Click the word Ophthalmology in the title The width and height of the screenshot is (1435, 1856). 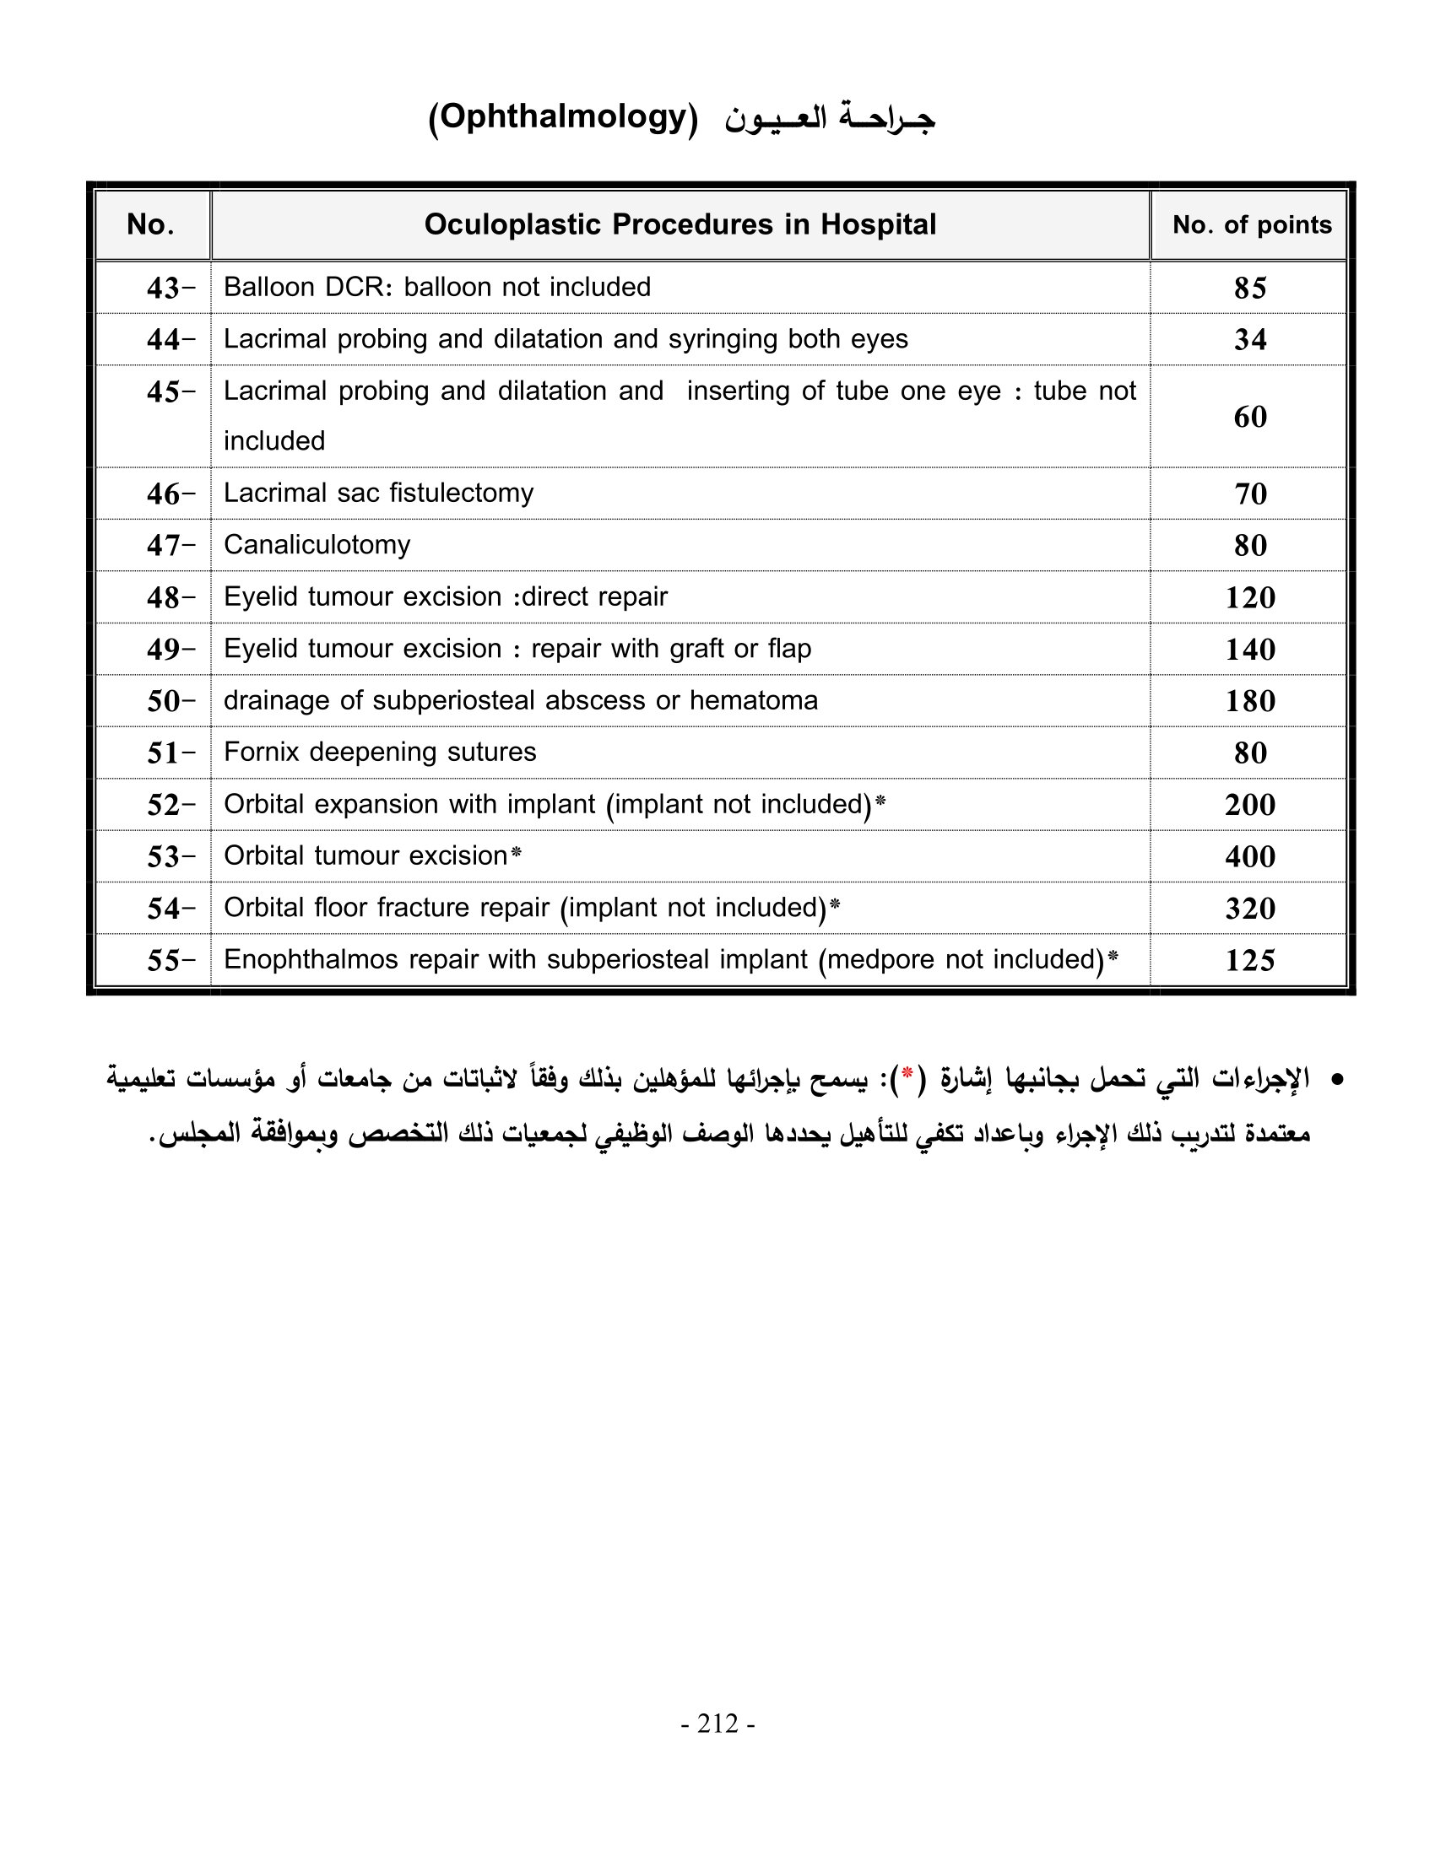563,116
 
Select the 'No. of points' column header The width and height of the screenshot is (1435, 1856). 1251,224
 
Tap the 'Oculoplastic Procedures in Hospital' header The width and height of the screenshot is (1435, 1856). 680,224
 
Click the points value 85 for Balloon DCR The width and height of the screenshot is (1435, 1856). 1250,288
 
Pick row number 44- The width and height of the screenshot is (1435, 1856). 170,340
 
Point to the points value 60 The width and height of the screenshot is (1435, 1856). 1250,417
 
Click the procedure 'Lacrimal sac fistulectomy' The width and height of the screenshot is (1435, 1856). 378,493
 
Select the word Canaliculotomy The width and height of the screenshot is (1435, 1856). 317,545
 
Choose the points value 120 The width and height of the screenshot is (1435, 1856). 1250,597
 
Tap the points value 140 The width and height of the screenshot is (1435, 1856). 1250,650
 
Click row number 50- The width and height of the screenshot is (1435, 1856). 170,701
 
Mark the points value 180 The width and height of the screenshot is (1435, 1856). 1250,701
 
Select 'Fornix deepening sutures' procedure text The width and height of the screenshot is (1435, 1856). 380,752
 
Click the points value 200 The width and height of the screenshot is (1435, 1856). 1250,805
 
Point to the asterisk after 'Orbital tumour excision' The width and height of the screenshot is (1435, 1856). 516,853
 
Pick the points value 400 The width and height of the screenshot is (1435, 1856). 1250,856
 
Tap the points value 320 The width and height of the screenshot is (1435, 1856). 1250,909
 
